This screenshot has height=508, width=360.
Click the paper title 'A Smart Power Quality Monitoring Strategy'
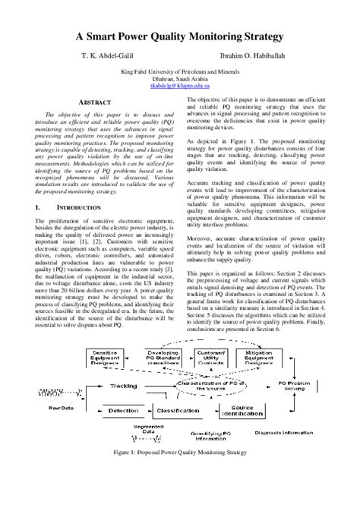(179, 36)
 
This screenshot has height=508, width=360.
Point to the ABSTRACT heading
(77, 101)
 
